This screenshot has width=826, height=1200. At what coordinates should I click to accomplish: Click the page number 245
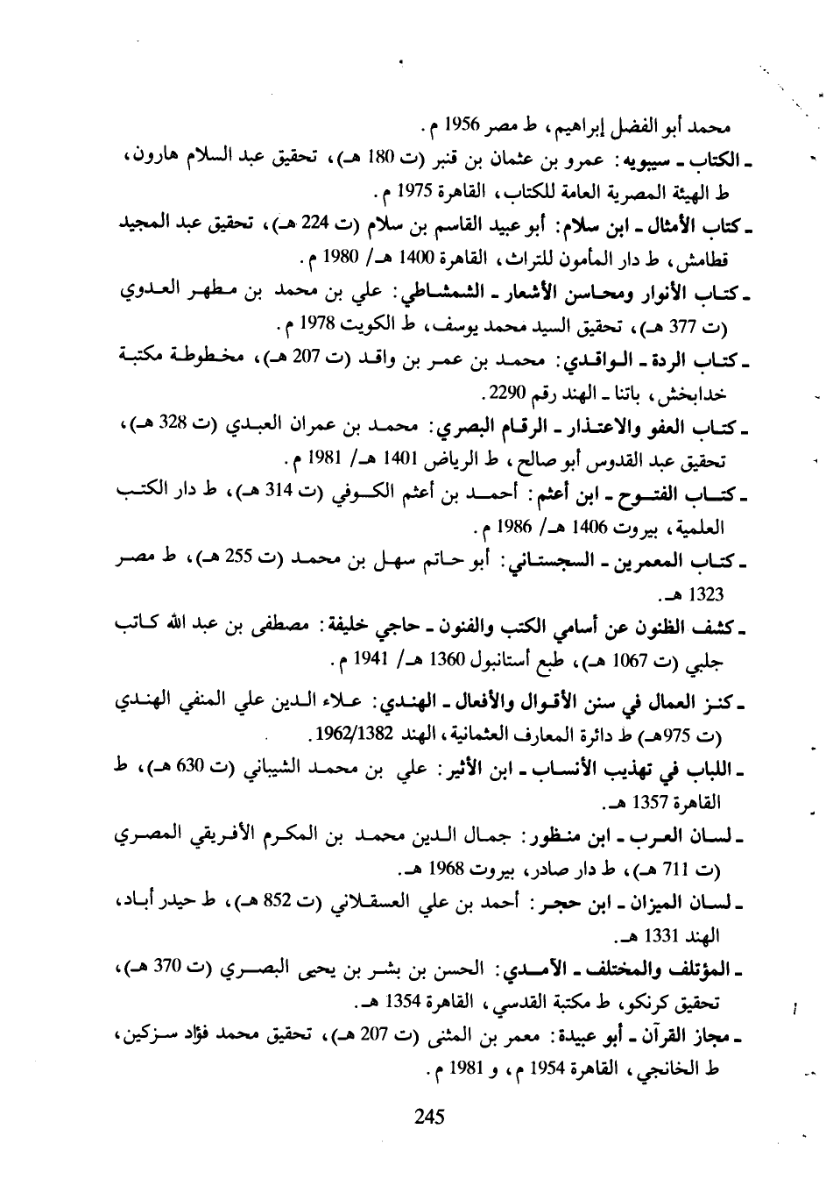(430, 1116)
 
